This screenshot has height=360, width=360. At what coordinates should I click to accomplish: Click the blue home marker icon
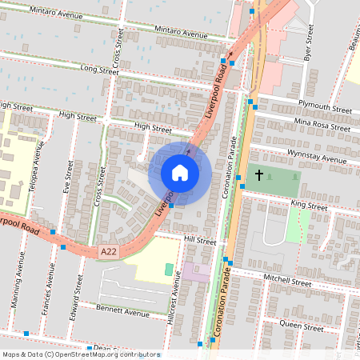(x=180, y=172)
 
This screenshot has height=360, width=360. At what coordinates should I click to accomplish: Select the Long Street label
(x=99, y=71)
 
